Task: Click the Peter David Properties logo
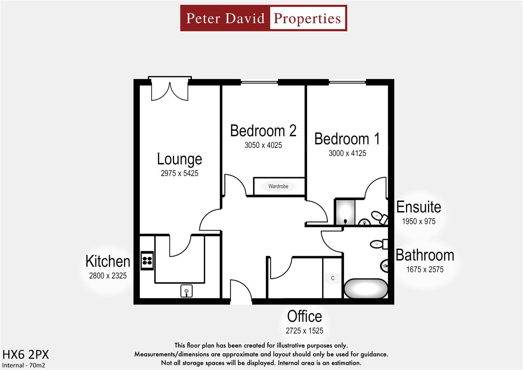tap(263, 18)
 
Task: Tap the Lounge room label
tap(179, 159)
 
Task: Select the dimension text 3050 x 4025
tap(263, 145)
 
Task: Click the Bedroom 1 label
tap(347, 139)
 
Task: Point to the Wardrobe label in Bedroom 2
tap(278, 186)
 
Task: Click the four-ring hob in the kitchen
tap(147, 261)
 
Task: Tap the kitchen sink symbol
tap(186, 291)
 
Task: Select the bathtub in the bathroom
tap(366, 289)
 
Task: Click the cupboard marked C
tap(333, 278)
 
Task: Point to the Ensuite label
tap(419, 207)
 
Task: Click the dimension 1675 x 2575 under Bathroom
tap(425, 270)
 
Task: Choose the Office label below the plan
tap(304, 317)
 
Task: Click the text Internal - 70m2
tap(24, 365)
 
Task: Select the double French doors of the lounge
tap(170, 90)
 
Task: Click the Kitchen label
tap(108, 261)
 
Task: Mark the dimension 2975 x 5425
tap(179, 173)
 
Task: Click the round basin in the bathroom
tap(384, 266)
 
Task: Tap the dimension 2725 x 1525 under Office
tap(304, 331)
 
